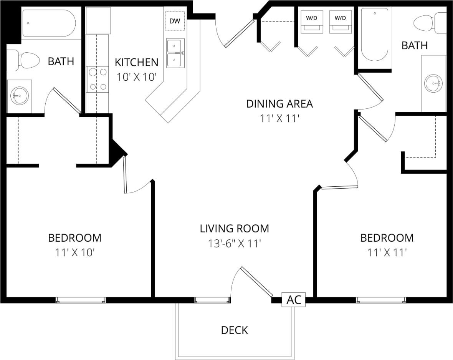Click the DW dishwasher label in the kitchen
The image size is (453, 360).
click(175, 21)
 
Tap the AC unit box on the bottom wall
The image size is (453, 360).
click(294, 300)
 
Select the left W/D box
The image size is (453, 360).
click(311, 18)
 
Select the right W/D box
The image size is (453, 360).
click(340, 18)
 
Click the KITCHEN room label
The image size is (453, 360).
click(136, 62)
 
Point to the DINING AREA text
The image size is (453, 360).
click(279, 104)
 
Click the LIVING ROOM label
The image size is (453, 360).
click(234, 229)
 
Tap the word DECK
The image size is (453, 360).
click(235, 330)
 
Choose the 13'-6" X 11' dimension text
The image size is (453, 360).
click(234, 243)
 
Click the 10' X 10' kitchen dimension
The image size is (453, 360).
click(136, 76)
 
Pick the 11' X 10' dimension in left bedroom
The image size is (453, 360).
click(75, 252)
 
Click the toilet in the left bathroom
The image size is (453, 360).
click(25, 60)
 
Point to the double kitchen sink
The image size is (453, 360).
click(175, 53)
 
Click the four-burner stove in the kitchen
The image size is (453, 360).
click(98, 80)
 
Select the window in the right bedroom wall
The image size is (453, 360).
click(381, 300)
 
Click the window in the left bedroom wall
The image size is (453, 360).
click(81, 300)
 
